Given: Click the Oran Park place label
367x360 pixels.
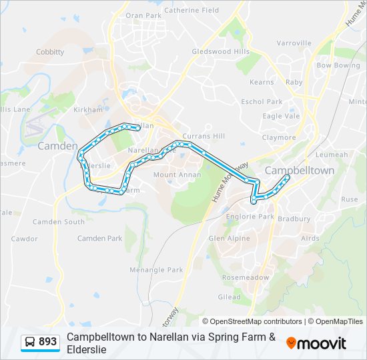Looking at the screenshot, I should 143,15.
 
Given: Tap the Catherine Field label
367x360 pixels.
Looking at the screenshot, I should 192,11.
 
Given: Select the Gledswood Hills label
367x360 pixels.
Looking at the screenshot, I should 220,51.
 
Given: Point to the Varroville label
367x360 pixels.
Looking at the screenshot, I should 294,43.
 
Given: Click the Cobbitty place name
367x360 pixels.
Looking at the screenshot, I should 50,52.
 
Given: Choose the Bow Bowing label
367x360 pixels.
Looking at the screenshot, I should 338,66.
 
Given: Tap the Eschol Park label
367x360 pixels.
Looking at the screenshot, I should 262,102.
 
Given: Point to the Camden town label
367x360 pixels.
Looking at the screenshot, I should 57,145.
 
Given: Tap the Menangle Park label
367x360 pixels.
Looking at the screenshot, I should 156,270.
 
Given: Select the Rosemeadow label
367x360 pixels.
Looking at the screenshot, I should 246,277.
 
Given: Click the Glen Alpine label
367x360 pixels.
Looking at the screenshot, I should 230,238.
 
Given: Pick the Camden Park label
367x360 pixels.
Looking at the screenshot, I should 100,238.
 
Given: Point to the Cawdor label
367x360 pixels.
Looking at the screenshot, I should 25,238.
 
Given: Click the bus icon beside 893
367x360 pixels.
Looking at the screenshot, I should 30,342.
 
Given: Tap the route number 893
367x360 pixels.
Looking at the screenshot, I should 48,342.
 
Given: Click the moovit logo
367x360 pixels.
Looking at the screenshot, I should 316,343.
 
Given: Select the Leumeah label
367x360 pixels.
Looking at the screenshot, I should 332,155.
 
